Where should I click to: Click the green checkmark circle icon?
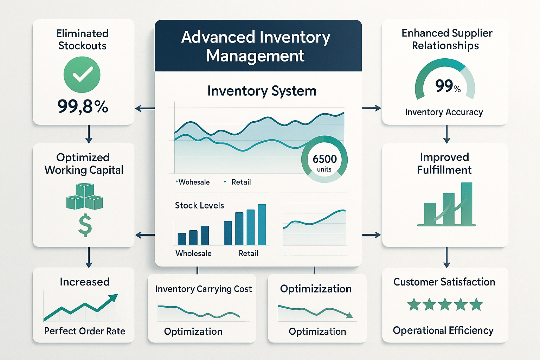point(82,75)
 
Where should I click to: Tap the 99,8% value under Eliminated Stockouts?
point(83,106)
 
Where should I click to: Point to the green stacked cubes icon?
point(84,197)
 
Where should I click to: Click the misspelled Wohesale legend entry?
point(194,182)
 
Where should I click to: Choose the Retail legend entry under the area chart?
point(241,182)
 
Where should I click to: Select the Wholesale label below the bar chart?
point(193,253)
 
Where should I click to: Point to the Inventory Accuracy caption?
point(444,112)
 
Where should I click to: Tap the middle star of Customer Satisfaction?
point(445,304)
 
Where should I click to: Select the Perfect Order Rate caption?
point(85,331)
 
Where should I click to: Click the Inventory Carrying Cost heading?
point(203,289)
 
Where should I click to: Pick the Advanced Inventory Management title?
point(256,46)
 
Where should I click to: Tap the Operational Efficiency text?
point(443,330)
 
